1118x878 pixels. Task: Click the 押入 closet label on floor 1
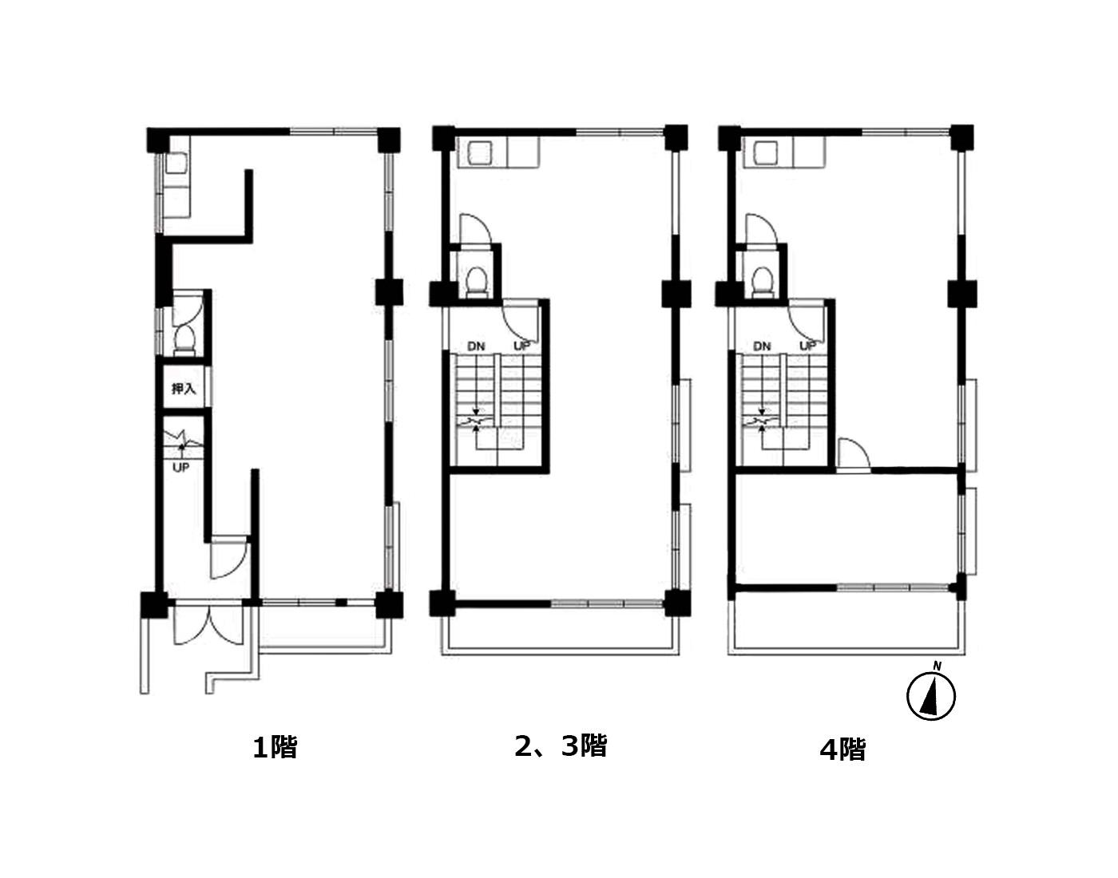184,388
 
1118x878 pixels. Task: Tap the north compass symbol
930,696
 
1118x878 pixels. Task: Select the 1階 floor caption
275,747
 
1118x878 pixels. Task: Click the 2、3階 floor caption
561,746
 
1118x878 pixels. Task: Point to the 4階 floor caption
842,749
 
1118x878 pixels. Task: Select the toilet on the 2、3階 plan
476,282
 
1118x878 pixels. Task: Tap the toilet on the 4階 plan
763,282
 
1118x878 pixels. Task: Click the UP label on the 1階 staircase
180,468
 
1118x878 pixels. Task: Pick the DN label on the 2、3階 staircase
476,346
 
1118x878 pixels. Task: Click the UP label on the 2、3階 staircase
521,346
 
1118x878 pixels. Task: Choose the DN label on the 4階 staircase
762,346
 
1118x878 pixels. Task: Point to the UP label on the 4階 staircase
808,346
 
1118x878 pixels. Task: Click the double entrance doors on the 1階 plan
208,623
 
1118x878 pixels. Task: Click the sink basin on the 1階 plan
176,164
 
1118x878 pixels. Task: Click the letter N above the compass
938,666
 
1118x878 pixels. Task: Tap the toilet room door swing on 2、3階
475,230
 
